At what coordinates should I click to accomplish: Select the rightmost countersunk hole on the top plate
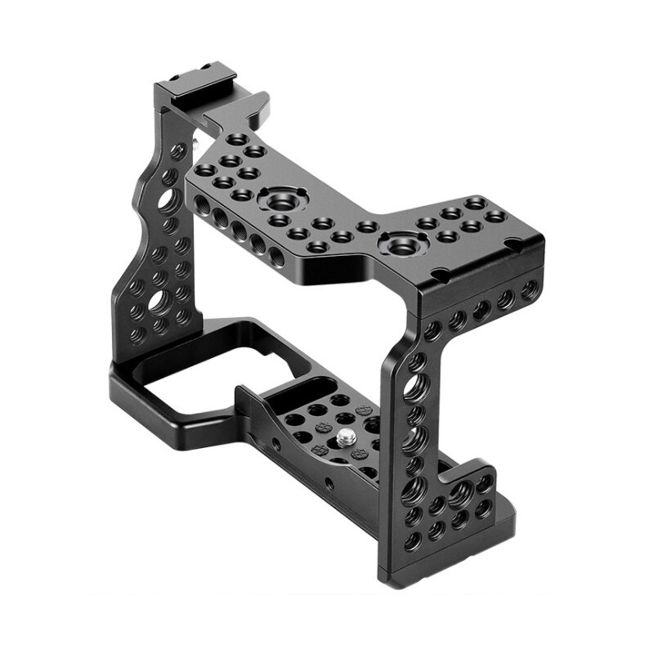[x=496, y=216]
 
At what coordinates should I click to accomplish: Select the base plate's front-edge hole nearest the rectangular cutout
[x=277, y=446]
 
